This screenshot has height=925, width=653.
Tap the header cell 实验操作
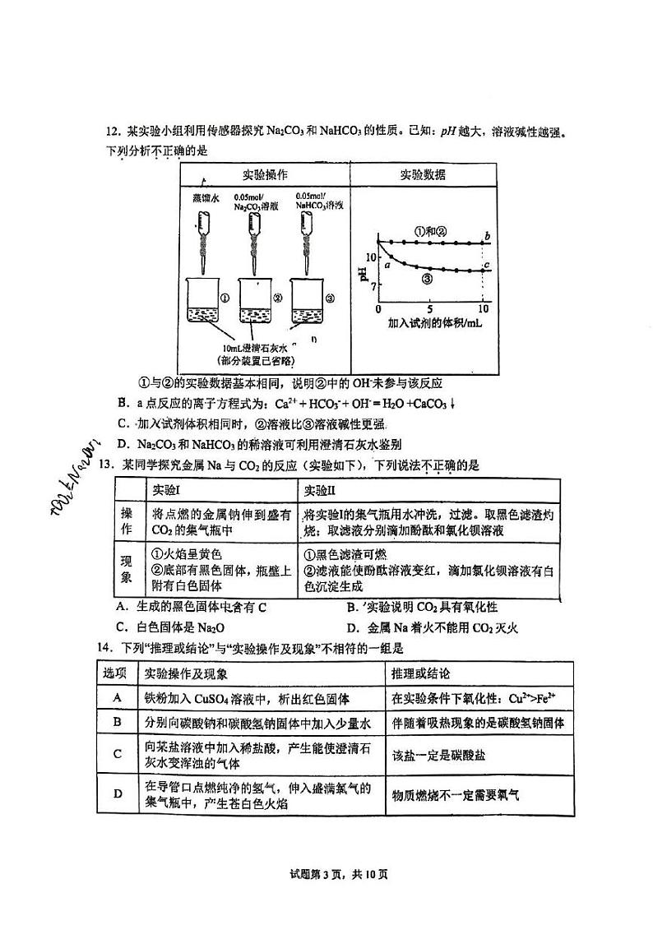(264, 176)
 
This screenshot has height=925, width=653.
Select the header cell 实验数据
(423, 175)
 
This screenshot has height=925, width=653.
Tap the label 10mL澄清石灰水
(257, 348)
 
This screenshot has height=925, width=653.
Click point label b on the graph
(488, 237)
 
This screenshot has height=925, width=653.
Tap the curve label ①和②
(430, 230)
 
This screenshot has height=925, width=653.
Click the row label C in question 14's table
(118, 753)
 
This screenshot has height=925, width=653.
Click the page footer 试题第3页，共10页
(326, 873)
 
